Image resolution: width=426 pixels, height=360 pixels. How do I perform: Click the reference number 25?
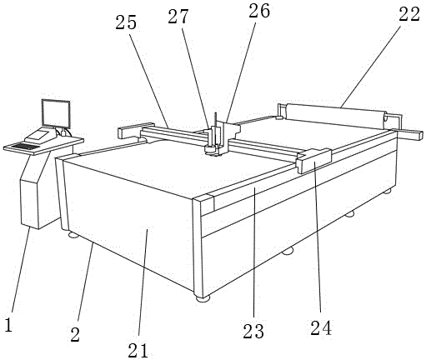[126, 22]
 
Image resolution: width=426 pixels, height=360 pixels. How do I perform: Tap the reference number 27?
[178, 17]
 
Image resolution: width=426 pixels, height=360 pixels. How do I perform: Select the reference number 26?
[259, 12]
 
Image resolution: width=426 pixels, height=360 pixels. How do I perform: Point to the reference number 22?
[409, 14]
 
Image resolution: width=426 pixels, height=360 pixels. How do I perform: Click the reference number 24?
[321, 327]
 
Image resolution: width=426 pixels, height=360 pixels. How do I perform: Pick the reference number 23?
[253, 332]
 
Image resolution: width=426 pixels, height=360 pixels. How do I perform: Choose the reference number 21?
[138, 350]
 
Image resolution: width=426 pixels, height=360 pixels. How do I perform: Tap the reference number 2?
[75, 334]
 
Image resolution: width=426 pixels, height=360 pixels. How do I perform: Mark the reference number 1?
[9, 325]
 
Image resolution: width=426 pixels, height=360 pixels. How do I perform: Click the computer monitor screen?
[56, 114]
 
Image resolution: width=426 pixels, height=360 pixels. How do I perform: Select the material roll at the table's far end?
[335, 116]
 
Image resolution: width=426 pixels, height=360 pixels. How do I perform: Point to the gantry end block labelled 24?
[313, 161]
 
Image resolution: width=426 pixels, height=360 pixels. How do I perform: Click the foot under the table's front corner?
[203, 299]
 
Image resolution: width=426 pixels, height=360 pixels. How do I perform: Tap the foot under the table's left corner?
[73, 236]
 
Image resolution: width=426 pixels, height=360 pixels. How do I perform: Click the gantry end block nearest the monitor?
[135, 130]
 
